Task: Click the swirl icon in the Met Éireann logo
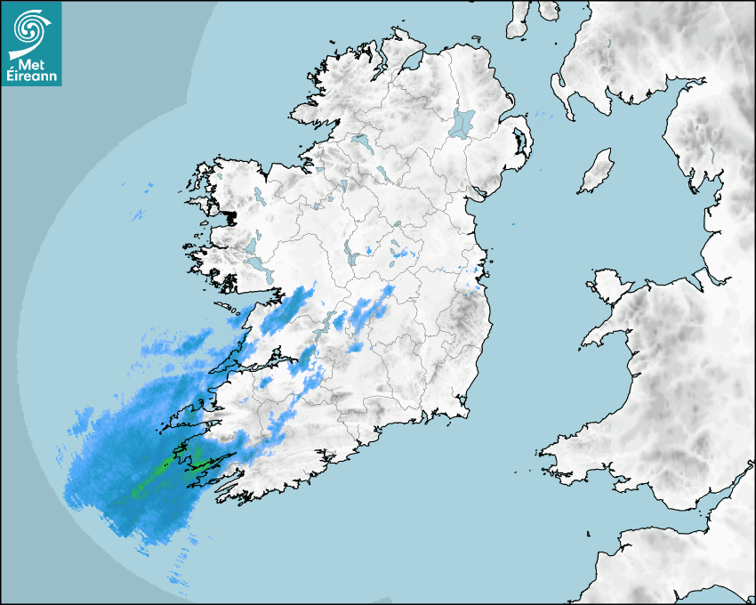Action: pyautogui.click(x=30, y=28)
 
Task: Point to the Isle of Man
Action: pyautogui.click(x=597, y=172)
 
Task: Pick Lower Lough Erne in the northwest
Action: pyautogui.click(x=361, y=141)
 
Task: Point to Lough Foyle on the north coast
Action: pyautogui.click(x=412, y=62)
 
